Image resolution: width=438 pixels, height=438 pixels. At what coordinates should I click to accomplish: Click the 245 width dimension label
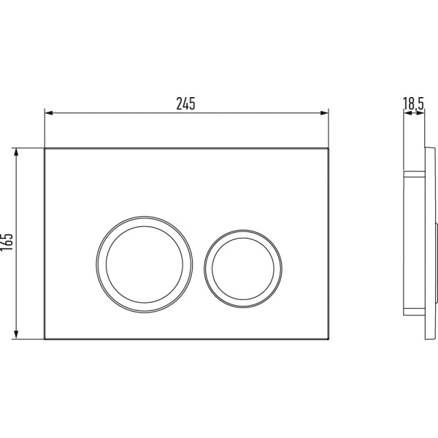[x=185, y=104]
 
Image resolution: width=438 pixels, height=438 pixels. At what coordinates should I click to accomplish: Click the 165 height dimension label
[x=7, y=242]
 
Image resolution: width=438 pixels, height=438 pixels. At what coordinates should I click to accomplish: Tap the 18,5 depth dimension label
[x=413, y=103]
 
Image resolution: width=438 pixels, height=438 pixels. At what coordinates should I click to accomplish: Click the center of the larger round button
[x=145, y=264]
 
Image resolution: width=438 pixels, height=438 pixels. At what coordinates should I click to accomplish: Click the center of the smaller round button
[x=243, y=269]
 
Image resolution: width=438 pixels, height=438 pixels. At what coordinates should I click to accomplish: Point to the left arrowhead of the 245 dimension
[x=49, y=113]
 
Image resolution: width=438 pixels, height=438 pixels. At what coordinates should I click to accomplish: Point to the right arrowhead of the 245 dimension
[x=324, y=113]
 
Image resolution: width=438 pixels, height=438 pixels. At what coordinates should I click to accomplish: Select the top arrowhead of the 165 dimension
[x=16, y=153]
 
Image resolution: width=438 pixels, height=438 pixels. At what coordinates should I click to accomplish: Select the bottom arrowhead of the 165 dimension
[x=16, y=335]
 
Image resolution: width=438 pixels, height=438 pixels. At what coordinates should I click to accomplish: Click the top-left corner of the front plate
[x=45, y=148]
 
